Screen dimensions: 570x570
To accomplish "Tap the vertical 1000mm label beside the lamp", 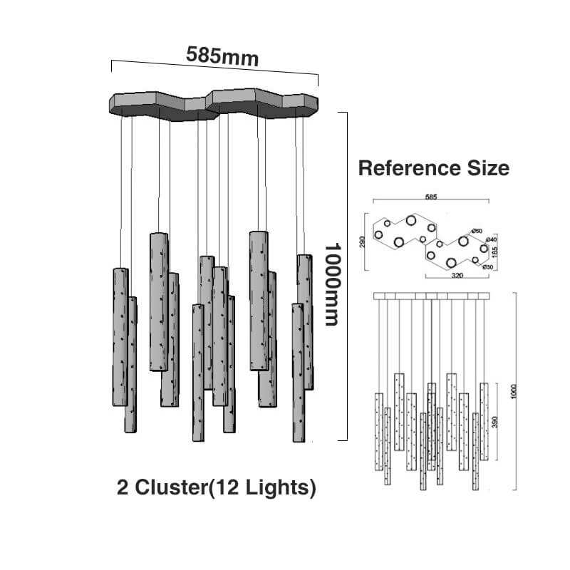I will pos(332,284).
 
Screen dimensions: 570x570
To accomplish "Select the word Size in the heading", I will pos(487,168).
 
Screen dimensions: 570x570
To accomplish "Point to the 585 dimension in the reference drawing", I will pos(431,197).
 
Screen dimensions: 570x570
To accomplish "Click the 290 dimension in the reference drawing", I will pos(363,242).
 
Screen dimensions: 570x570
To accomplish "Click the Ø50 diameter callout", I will pos(477,231).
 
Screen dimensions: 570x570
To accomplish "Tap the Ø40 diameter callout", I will pos(491,240).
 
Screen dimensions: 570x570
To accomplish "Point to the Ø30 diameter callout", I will pos(488,266).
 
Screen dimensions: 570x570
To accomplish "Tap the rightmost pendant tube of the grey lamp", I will pos(305,322).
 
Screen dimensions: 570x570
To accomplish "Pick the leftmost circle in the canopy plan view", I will pos(378,234).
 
